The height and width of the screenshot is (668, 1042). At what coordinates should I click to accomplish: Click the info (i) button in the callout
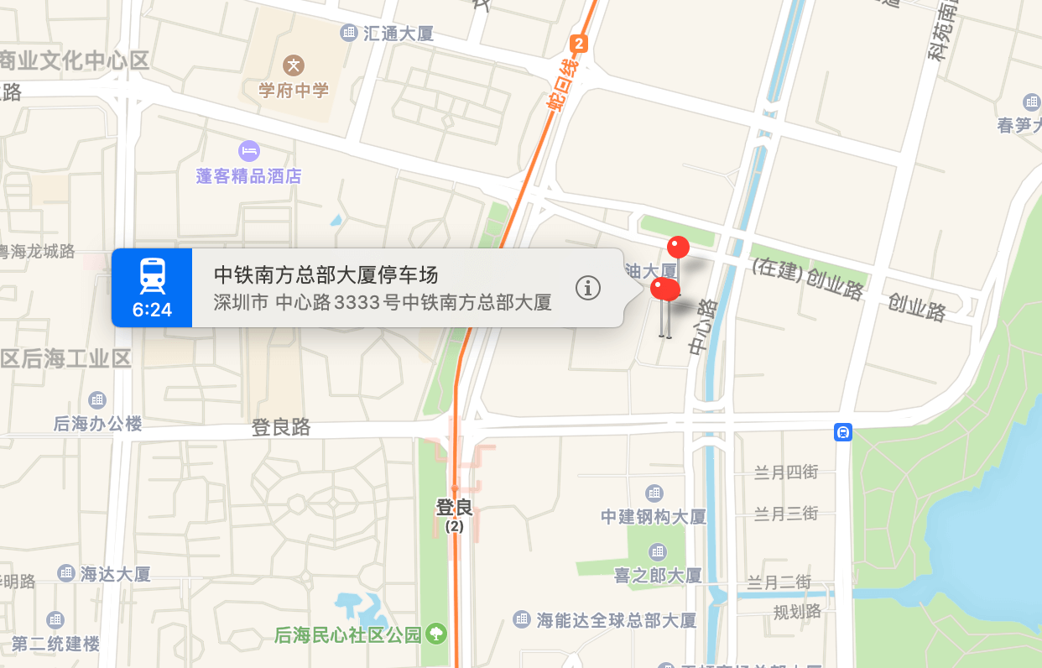(x=588, y=288)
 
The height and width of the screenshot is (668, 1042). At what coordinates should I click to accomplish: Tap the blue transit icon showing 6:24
(x=152, y=287)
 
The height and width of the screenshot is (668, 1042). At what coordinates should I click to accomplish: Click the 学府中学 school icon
(x=294, y=65)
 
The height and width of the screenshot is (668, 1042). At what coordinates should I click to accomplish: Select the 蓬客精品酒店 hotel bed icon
(x=249, y=151)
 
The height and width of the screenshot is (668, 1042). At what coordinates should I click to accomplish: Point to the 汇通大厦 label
(x=399, y=34)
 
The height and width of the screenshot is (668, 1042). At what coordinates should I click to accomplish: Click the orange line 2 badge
(x=578, y=44)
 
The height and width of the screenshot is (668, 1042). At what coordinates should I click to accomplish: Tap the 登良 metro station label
(x=455, y=508)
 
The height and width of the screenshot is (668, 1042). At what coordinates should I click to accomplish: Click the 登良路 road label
(x=281, y=427)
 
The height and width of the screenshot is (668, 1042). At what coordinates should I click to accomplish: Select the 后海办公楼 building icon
(x=97, y=400)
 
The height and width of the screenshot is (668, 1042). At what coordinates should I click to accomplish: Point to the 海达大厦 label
(x=116, y=574)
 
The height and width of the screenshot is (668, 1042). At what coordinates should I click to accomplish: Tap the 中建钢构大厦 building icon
(x=654, y=493)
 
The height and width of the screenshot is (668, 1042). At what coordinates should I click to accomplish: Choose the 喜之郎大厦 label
(x=658, y=576)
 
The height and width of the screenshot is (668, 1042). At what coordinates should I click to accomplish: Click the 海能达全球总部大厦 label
(x=617, y=620)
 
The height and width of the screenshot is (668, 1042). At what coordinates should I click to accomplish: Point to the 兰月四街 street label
(x=785, y=472)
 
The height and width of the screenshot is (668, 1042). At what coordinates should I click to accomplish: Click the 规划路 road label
(x=797, y=611)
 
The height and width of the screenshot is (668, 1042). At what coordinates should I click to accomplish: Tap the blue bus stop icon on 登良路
(x=843, y=432)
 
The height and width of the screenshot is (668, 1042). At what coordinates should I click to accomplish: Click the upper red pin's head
(x=678, y=247)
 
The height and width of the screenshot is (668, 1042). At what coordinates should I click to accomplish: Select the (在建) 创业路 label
(x=807, y=279)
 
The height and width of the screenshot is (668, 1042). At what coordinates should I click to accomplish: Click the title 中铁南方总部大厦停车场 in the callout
(x=326, y=274)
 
